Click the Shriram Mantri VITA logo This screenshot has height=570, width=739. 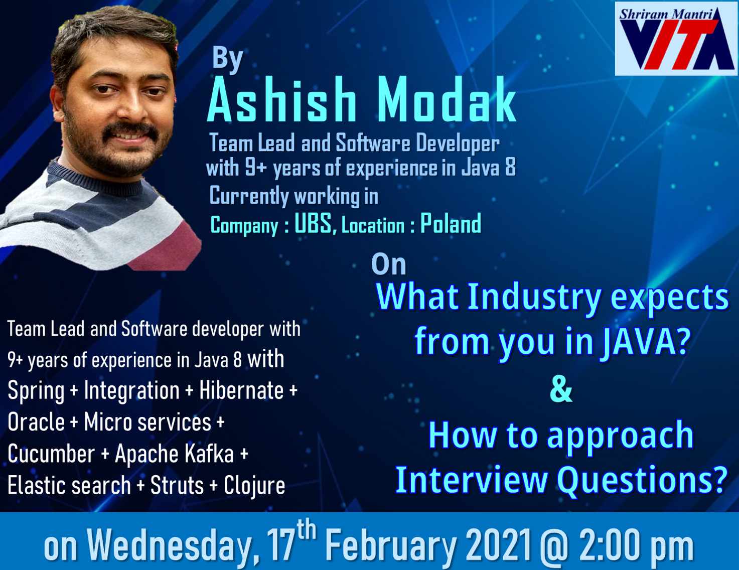(x=676, y=39)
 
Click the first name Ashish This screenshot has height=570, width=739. (x=282, y=99)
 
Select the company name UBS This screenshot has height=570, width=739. (x=313, y=223)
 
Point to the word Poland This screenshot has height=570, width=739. (x=451, y=223)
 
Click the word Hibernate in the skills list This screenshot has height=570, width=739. (x=241, y=390)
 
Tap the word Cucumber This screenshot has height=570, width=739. (x=51, y=454)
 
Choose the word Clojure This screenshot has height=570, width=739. (x=254, y=486)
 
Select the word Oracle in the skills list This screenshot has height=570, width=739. (x=36, y=422)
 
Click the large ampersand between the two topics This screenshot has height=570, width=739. (x=561, y=390)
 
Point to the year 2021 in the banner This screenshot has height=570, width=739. (x=498, y=545)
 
